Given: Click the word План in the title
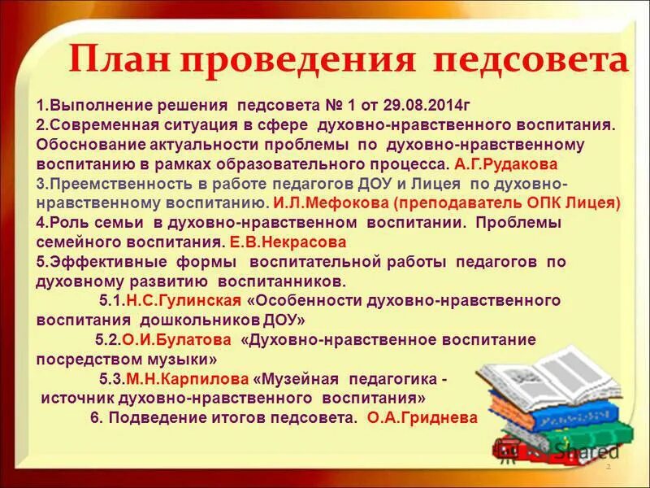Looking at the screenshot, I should coord(119,60).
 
